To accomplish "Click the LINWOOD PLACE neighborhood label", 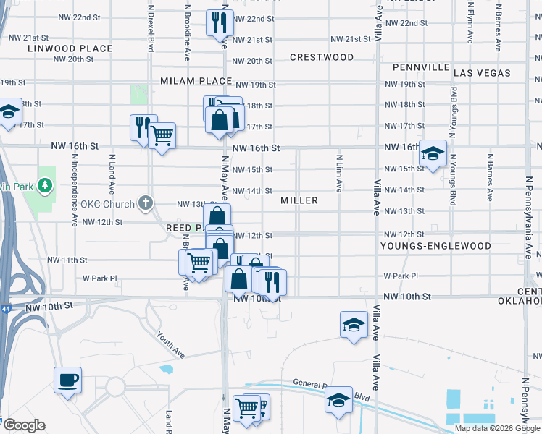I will point(70,48).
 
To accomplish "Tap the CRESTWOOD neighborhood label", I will point(322,57).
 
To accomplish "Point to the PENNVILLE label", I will point(421,67).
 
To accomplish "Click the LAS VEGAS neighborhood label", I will point(482,73).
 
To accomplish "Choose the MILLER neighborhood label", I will point(299,200).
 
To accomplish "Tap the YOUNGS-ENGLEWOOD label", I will point(435,246).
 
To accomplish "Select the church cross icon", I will point(145,203).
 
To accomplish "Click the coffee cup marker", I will point(67,380).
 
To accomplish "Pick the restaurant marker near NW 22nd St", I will point(219,22).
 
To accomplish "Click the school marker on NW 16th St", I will point(433,153).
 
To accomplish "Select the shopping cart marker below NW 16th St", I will point(162,135).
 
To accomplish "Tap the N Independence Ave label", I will point(74,190).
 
